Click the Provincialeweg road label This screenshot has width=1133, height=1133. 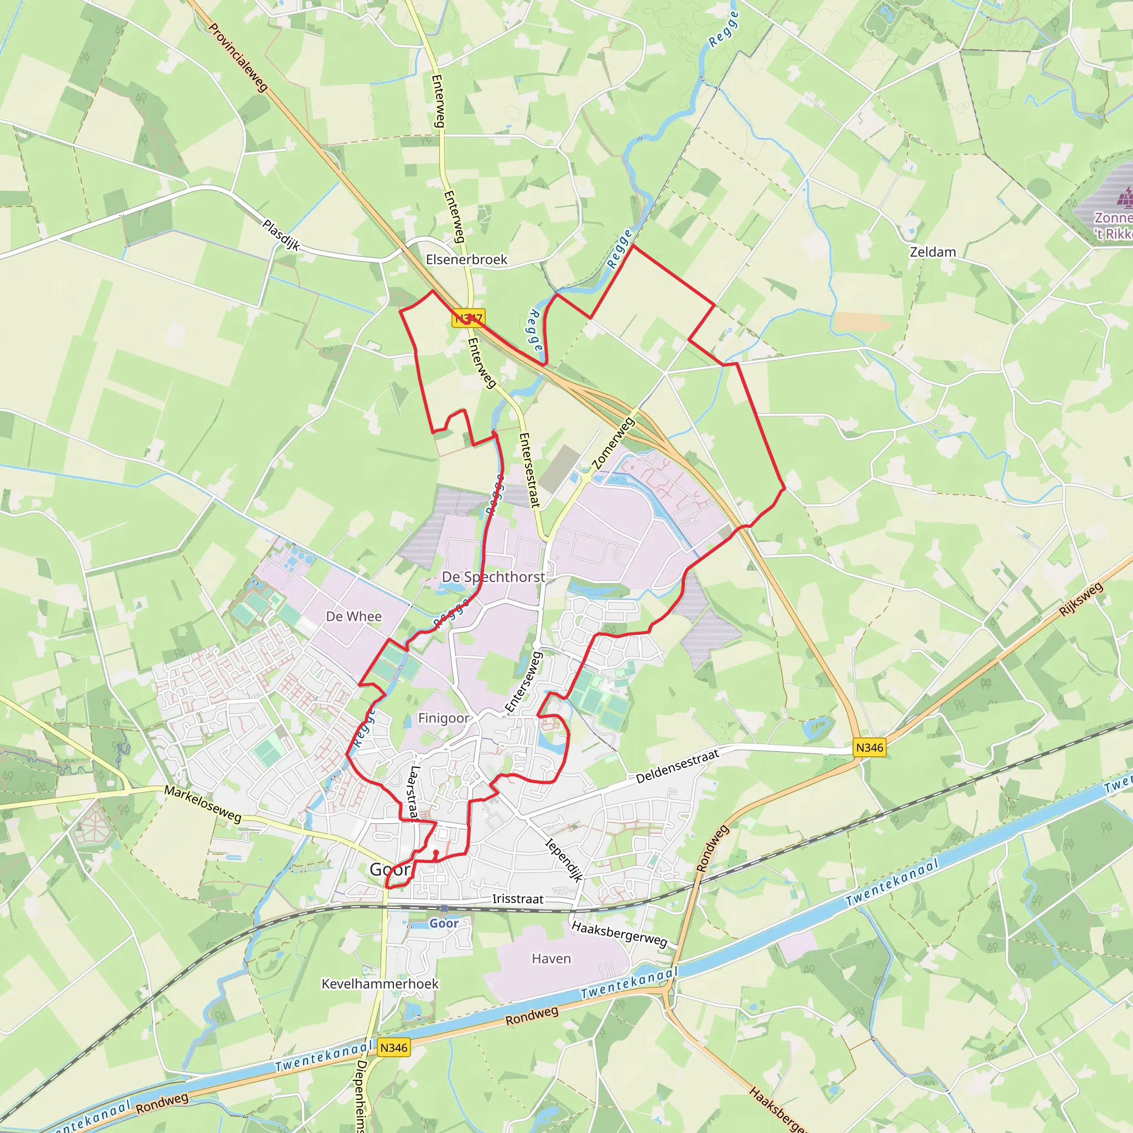(238, 58)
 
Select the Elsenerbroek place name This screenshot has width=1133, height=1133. (466, 259)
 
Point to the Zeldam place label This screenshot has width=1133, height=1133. (932, 252)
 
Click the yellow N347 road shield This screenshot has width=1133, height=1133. (469, 318)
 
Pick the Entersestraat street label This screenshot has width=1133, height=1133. (529, 470)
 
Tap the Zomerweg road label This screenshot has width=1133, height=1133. (614, 443)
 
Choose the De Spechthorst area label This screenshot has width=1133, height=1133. (493, 577)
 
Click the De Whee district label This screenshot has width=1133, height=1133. (354, 616)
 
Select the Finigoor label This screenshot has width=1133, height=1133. (443, 719)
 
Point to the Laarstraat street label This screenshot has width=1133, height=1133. (414, 792)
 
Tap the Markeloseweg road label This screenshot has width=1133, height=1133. (202, 804)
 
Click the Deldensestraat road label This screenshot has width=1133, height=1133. (677, 766)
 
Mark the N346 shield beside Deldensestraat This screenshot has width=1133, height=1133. (869, 748)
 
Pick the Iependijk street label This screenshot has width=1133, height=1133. (564, 860)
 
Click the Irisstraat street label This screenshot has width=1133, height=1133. (518, 899)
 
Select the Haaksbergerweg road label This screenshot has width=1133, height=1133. (619, 934)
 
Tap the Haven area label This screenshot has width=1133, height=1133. (551, 959)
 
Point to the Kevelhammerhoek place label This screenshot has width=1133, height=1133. (380, 984)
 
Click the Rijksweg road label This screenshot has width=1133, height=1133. (1081, 600)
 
